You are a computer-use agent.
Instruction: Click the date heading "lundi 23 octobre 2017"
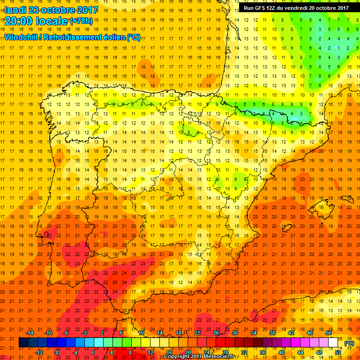pos(52,10)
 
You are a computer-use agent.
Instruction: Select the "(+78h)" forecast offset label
pos(81,21)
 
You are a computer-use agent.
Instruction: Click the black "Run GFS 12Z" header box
pos(296,7)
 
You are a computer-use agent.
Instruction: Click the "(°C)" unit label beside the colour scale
pos(349,343)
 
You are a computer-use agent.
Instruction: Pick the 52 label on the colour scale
pos(338,352)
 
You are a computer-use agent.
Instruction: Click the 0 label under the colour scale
pos(94,352)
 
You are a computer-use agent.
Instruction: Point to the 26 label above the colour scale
pos(216,333)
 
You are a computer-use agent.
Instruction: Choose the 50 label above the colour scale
pos(329,333)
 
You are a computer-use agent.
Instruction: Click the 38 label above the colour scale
pos(272,333)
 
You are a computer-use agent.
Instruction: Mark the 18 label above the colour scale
pos(179,333)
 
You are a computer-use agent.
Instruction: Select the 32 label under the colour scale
pos(244,352)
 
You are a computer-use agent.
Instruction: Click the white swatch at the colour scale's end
pos(333,343)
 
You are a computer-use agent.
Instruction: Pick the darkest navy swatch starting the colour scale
pos(24,343)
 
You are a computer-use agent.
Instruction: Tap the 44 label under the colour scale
pos(300,352)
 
